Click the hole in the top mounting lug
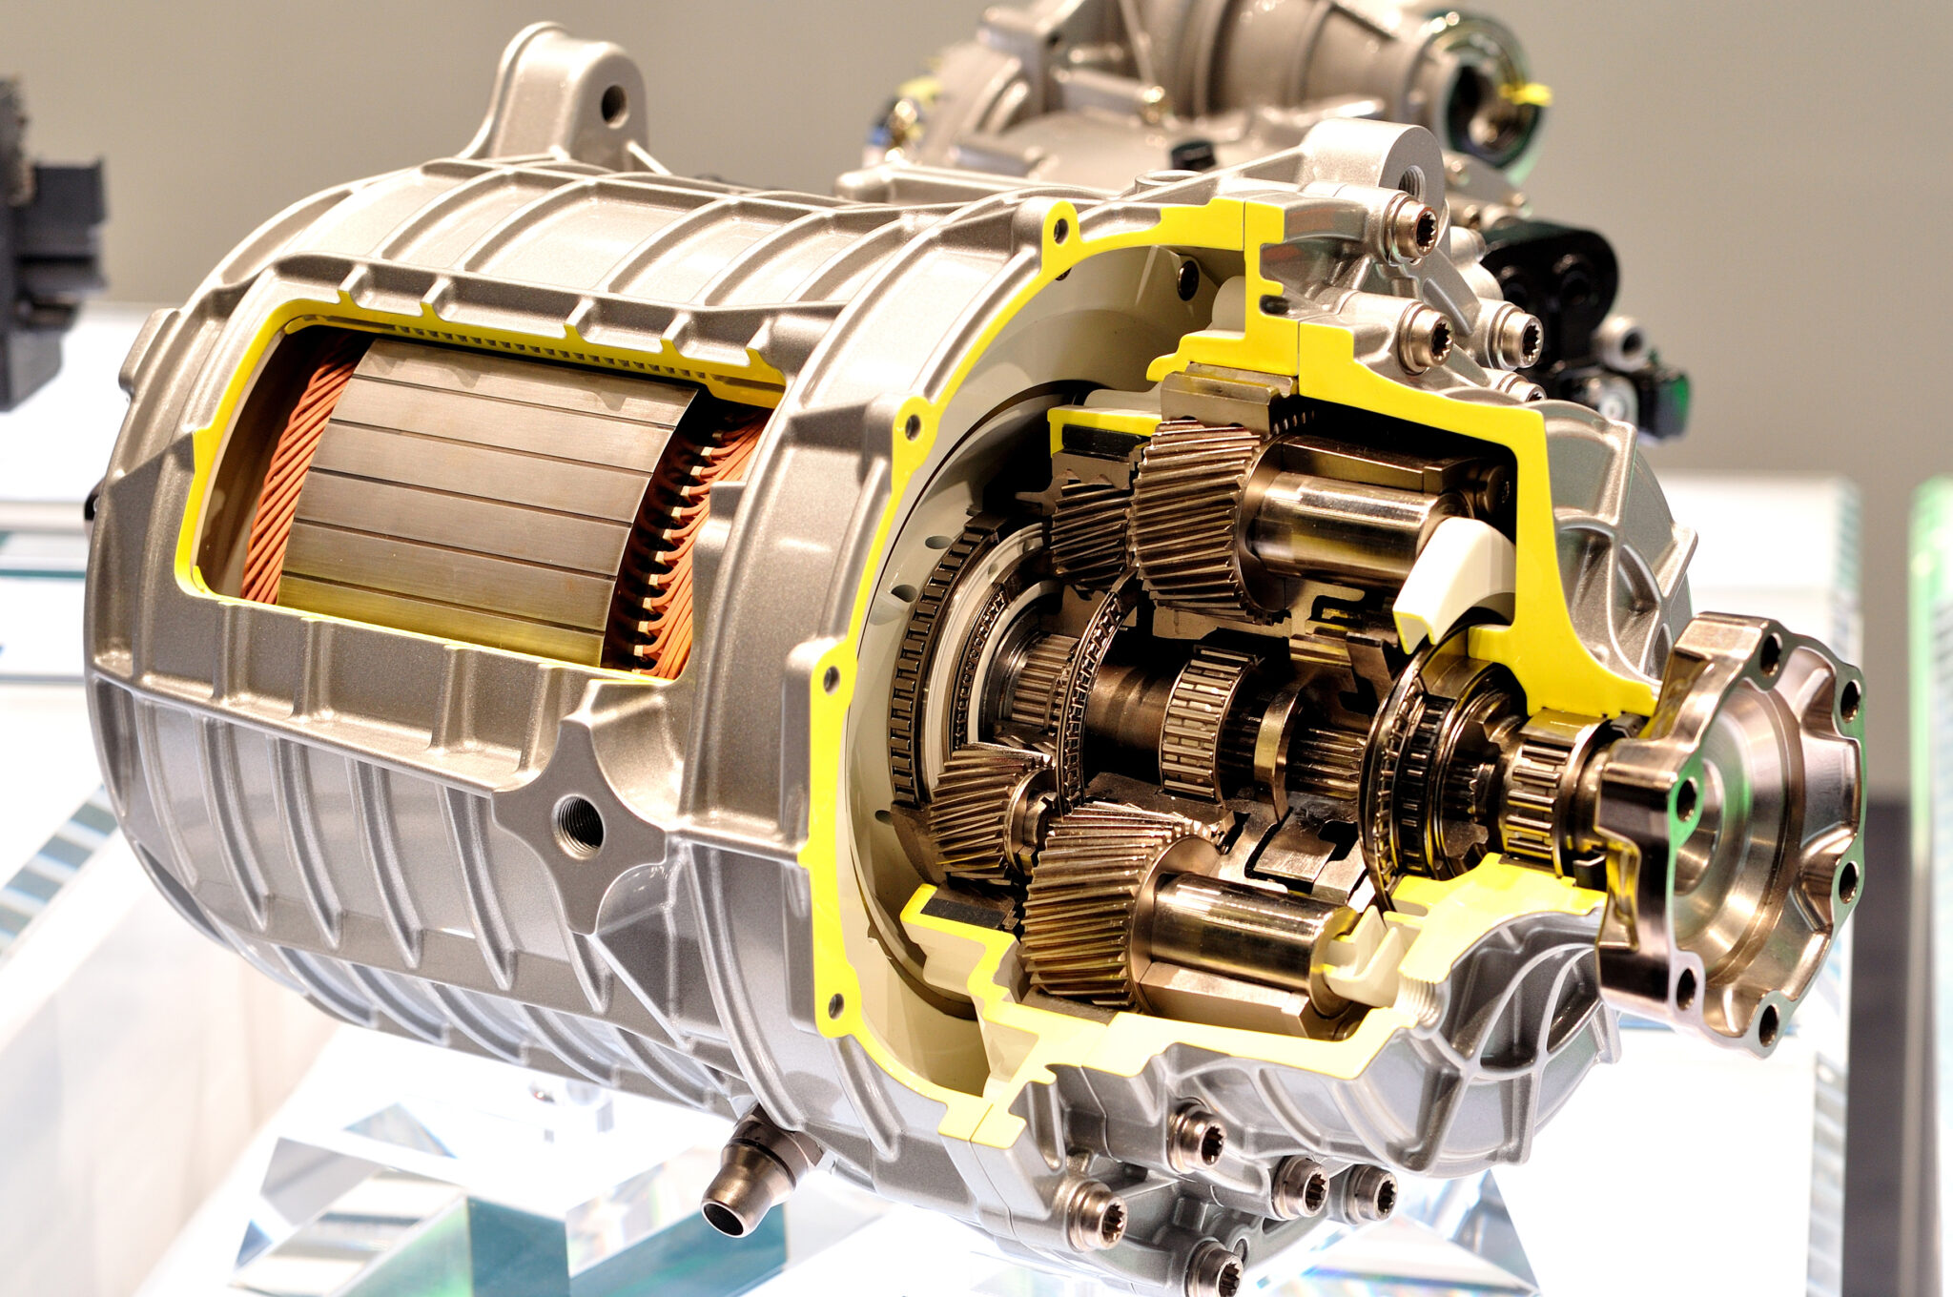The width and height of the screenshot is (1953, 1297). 613,103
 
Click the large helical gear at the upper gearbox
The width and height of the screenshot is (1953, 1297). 1192,515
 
